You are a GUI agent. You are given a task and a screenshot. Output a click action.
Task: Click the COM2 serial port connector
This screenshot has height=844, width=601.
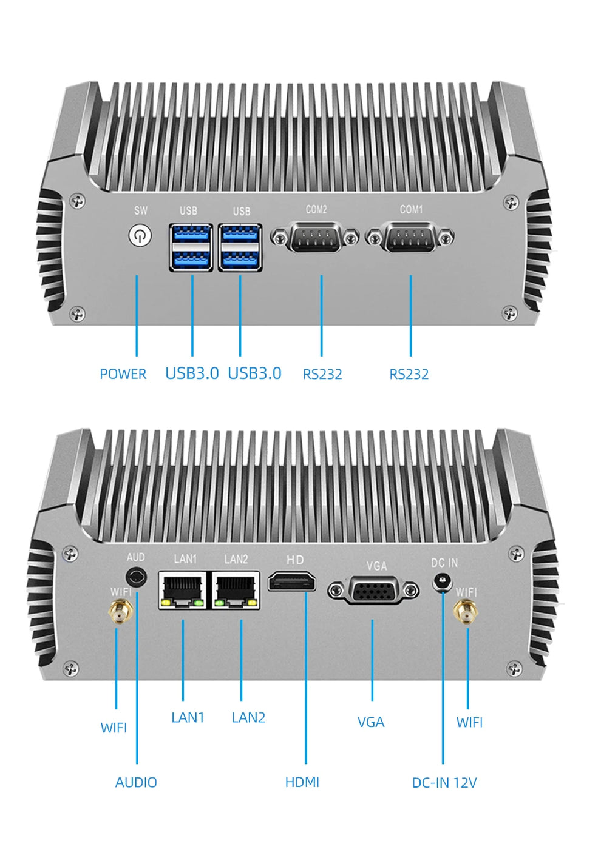[x=315, y=238]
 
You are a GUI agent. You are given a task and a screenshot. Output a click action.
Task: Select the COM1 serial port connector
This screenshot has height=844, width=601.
[x=410, y=237]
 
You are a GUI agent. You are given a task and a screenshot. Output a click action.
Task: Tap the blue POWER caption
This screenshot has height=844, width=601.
[x=123, y=374]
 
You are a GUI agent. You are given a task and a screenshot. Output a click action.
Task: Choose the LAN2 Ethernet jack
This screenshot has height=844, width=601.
[x=236, y=590]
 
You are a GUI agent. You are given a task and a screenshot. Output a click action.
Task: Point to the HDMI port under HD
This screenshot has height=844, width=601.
[x=292, y=582]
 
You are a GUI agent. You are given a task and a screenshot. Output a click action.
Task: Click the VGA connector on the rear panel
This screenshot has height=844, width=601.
[x=373, y=590]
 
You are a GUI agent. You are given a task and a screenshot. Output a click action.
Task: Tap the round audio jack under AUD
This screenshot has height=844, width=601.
[x=137, y=577]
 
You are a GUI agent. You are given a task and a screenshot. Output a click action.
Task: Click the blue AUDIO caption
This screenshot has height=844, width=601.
[x=136, y=783]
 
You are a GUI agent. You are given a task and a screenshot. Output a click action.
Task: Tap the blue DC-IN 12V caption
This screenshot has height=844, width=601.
[x=444, y=783]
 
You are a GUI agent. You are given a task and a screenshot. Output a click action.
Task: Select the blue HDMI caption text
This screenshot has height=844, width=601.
[x=302, y=783]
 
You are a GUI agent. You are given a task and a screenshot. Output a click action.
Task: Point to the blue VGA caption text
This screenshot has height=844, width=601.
[x=371, y=722]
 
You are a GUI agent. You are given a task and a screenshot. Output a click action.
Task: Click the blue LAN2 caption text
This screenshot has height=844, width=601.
[x=248, y=718]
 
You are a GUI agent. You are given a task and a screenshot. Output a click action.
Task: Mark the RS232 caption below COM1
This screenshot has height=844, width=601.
[x=409, y=375]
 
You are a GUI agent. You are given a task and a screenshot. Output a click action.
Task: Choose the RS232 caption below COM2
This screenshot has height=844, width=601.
[x=322, y=375]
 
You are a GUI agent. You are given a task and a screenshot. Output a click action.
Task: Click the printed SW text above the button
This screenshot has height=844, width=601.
[x=141, y=210]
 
